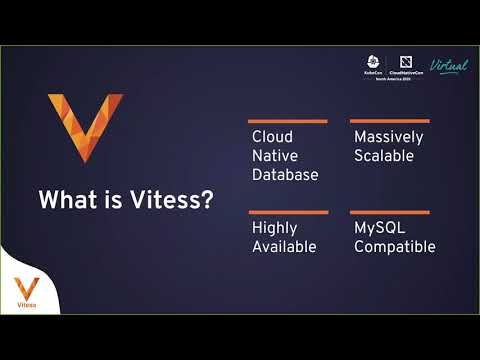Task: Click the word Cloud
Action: coord(272,137)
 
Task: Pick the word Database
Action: coord(285,175)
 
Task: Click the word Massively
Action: coord(389,137)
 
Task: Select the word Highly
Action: coord(275,228)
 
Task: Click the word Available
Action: coord(284,247)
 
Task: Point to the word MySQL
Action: coord(379,228)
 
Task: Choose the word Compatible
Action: coord(395,247)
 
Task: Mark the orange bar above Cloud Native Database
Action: coord(289,121)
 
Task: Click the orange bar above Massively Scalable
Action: coord(390,121)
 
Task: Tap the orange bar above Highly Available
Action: coord(289,212)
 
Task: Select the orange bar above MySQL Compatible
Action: coord(390,212)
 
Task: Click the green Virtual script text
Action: coord(448,65)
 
